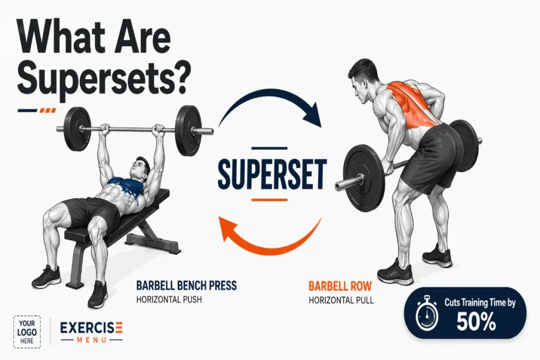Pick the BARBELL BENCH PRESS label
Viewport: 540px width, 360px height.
(187, 286)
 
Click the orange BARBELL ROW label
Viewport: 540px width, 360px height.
(340, 286)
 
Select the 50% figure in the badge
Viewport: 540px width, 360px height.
(476, 322)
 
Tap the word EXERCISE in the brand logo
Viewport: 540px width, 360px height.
(92, 328)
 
